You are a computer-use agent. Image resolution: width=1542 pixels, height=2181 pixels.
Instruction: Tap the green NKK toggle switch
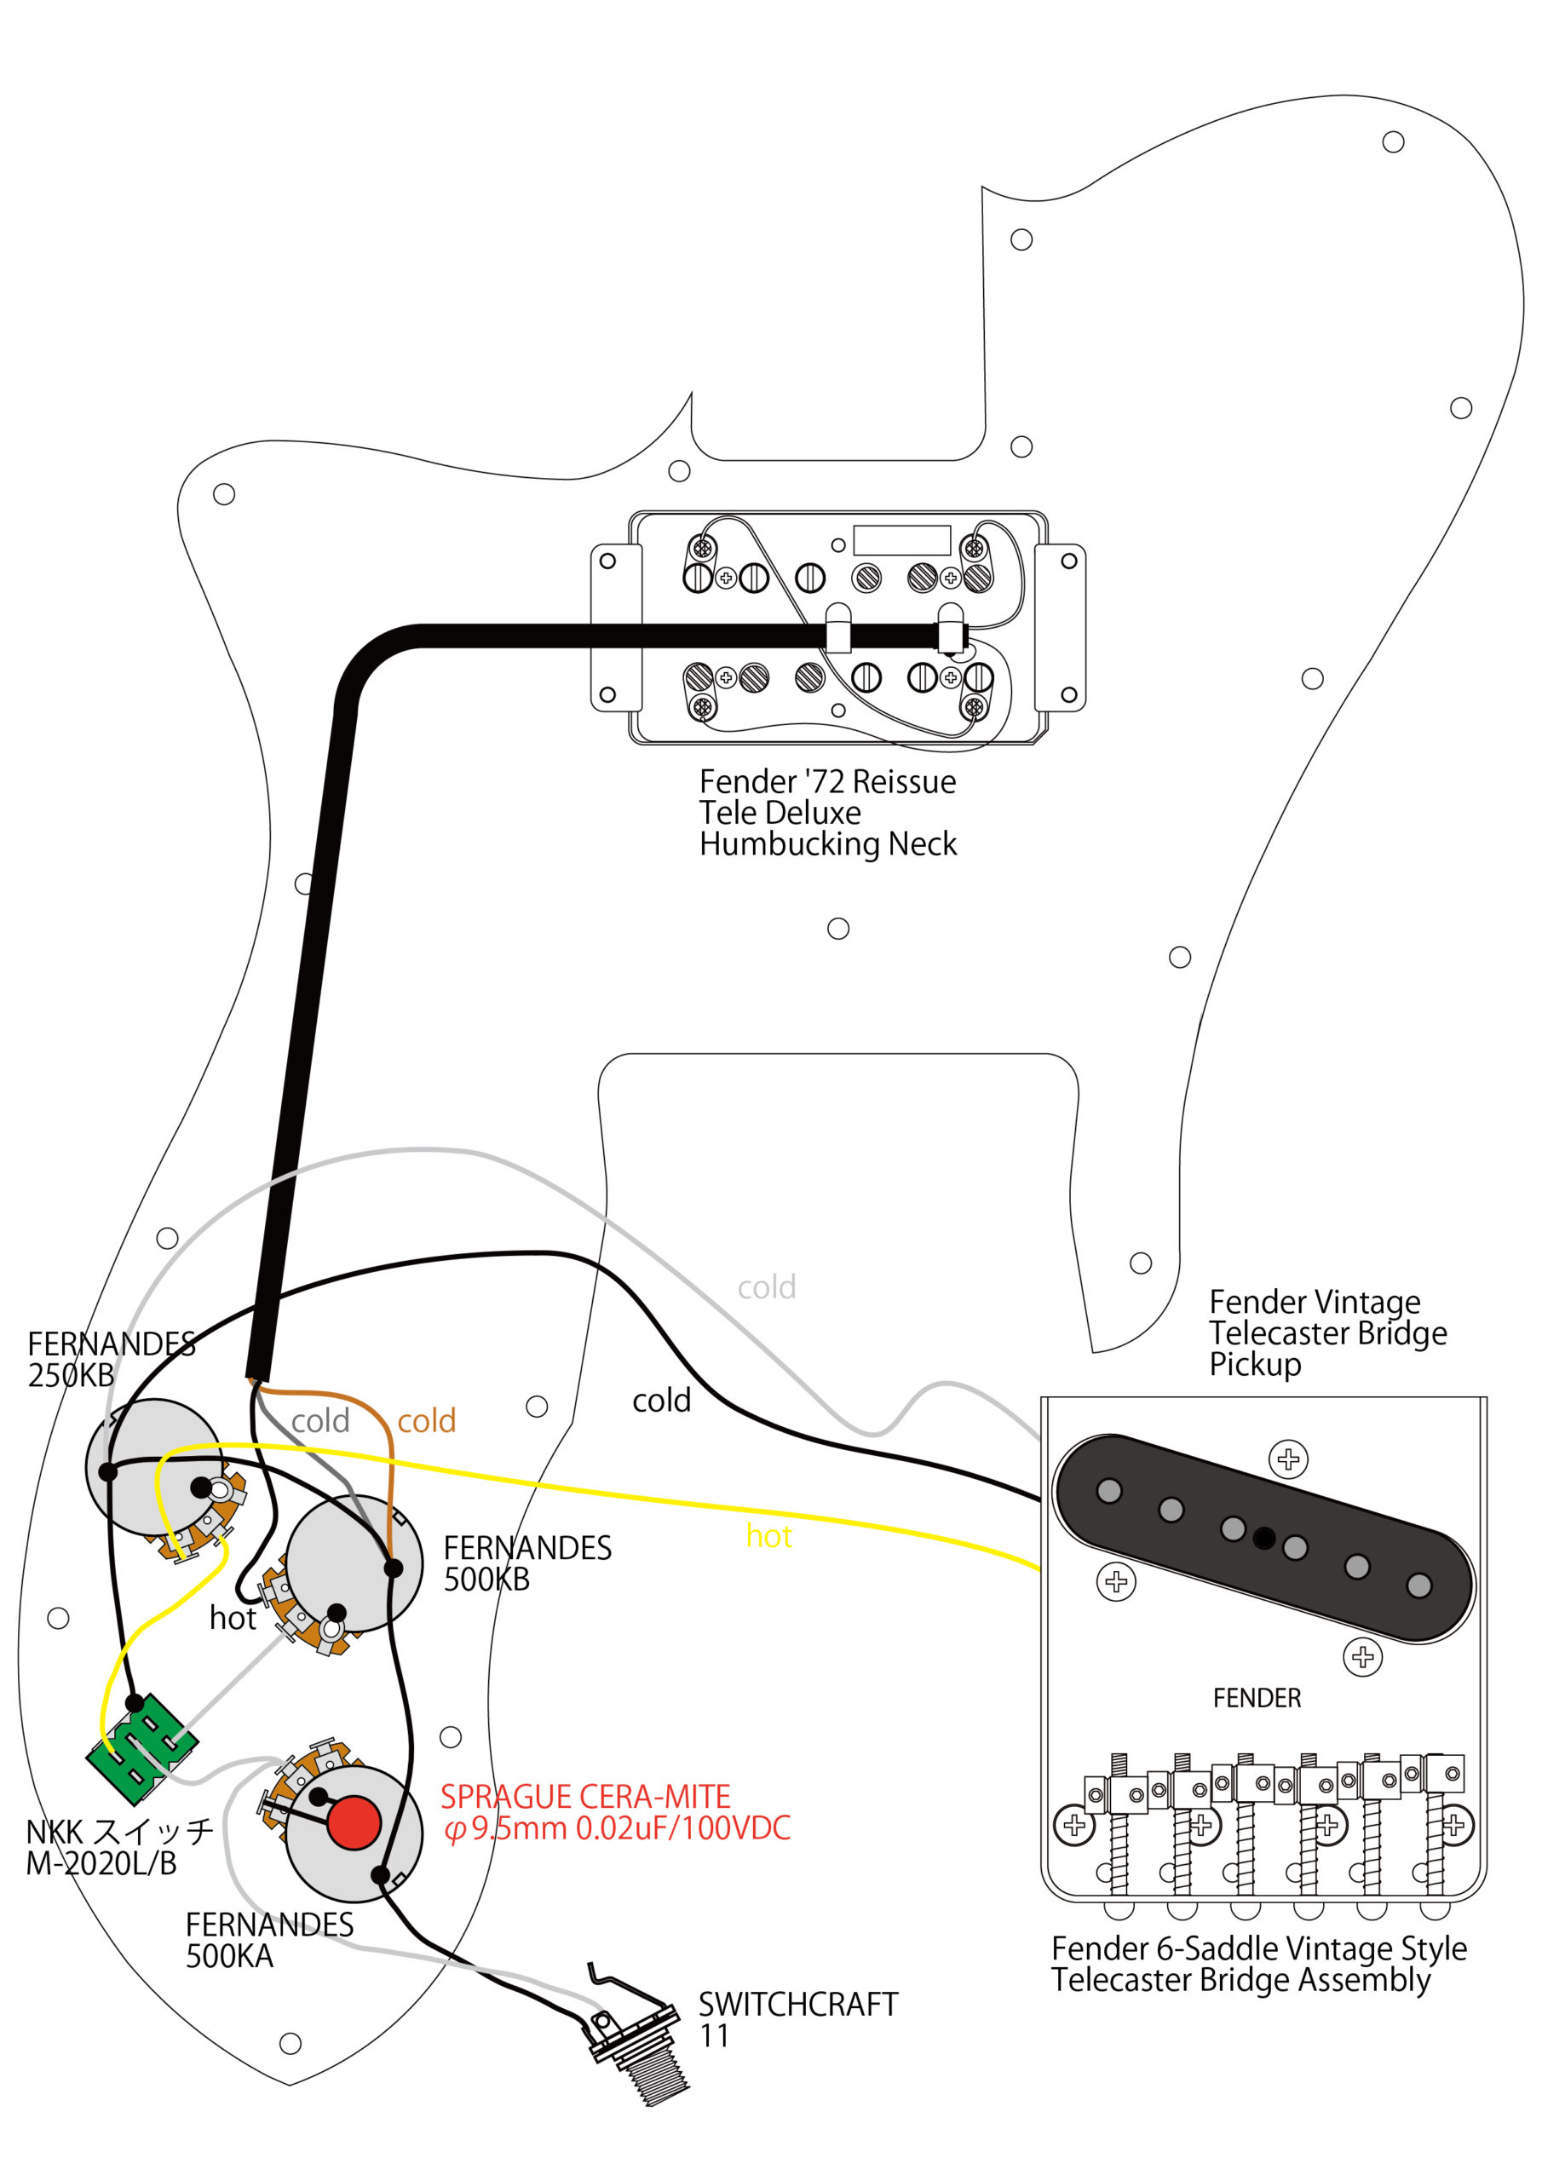(141, 1748)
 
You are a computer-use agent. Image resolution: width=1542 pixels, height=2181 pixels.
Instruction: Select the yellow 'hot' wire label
(768, 1536)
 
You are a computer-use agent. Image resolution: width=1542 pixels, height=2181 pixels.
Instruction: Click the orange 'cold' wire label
(427, 1421)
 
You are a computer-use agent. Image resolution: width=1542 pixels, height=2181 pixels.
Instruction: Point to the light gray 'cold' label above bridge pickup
(767, 1287)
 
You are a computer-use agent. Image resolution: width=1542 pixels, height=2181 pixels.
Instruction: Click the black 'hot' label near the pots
(233, 1618)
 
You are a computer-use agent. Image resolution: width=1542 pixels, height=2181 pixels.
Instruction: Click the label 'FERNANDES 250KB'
(110, 1360)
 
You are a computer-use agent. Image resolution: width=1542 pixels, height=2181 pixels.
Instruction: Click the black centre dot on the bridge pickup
(1263, 1538)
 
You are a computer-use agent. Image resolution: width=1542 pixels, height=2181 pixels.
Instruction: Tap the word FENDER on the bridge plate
(1256, 1697)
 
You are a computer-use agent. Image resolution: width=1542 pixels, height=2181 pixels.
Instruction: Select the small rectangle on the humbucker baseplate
(901, 539)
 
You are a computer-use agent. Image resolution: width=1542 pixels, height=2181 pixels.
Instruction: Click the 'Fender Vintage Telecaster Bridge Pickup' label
(1327, 1332)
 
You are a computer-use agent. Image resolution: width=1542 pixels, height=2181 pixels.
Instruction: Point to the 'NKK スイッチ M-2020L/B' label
(118, 1848)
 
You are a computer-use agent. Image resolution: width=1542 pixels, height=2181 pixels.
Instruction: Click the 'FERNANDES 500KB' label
(526, 1562)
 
